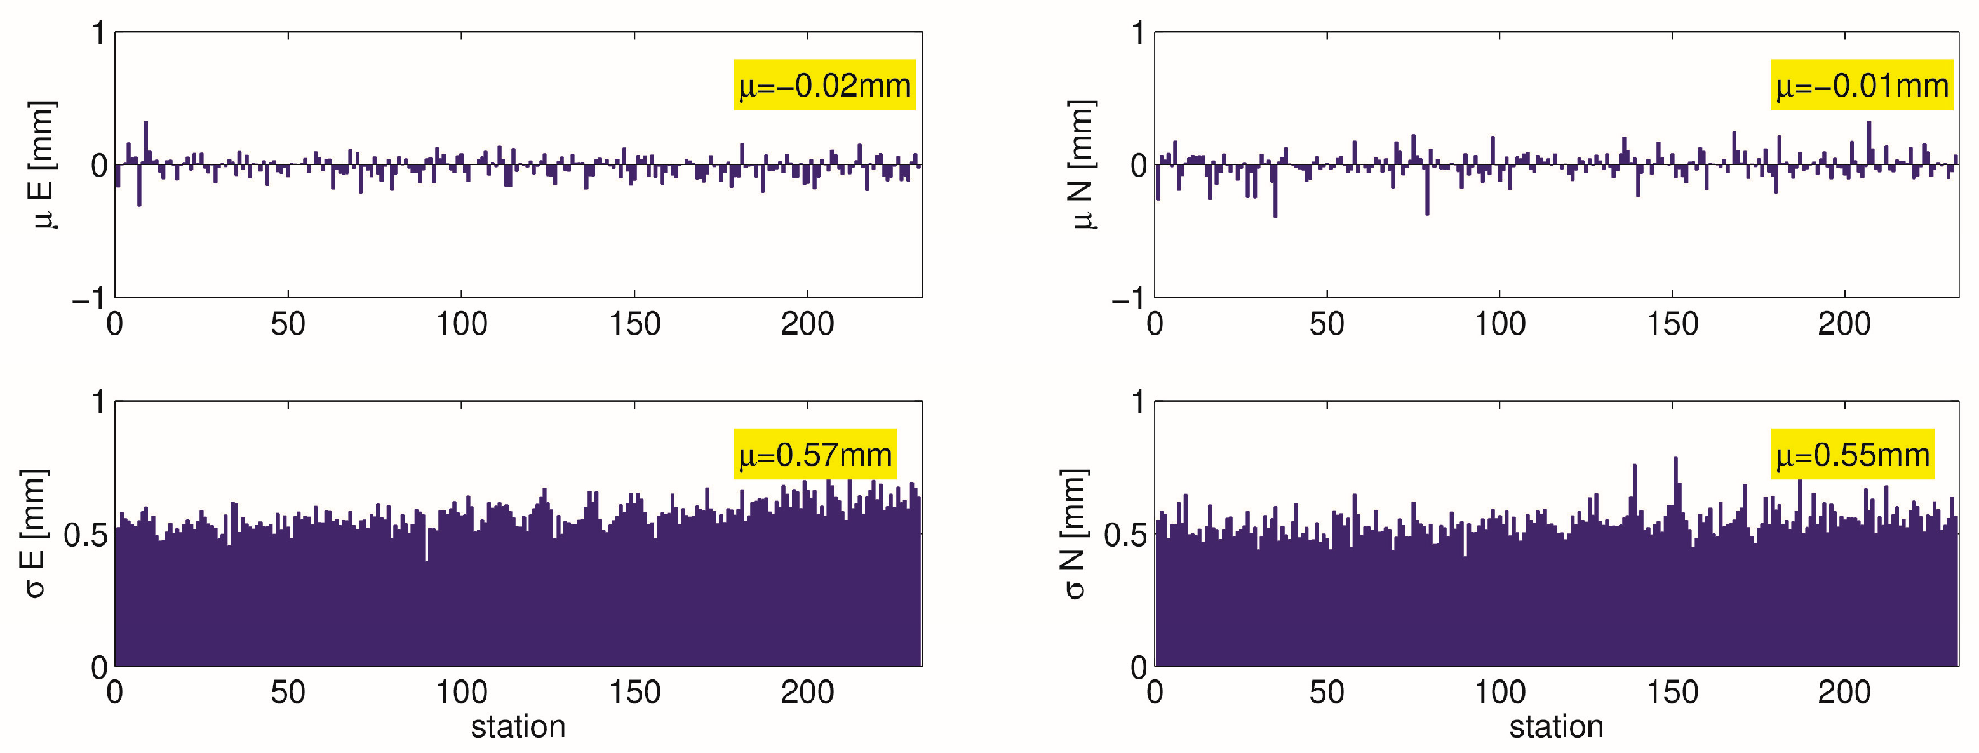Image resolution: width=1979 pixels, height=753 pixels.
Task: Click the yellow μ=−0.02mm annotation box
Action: coord(824,85)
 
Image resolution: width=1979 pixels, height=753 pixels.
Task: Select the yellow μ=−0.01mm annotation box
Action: coord(1862,85)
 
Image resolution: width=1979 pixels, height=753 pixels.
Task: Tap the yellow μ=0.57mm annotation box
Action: coord(814,455)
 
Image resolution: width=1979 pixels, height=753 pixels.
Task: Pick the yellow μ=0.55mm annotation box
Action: coord(1852,455)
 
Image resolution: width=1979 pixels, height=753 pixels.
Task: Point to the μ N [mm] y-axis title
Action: coord(1082,164)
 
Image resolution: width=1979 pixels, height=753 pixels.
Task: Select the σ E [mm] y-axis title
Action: coord(34,533)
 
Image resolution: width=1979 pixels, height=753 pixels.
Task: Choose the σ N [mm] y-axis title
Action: coord(1073,533)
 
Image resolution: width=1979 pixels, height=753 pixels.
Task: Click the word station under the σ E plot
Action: coord(518,727)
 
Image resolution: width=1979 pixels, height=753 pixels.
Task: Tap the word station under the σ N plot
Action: coord(1557,727)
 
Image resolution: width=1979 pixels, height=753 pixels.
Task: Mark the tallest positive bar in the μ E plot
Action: coord(146,142)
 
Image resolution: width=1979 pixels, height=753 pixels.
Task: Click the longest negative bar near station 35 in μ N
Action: coord(1275,192)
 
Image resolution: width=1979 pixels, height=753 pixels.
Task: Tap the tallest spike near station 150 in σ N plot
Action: coord(1675,492)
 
